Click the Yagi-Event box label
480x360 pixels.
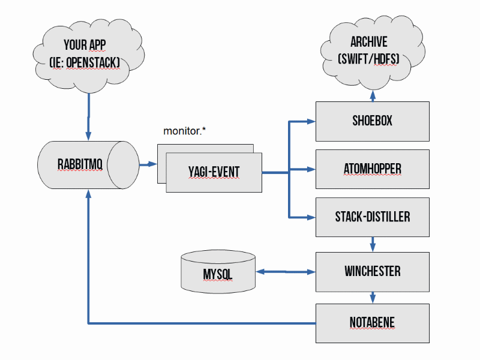[214, 173]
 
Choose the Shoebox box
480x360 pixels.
[372, 121]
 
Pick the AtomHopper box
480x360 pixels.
[372, 170]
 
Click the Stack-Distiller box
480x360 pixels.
[372, 217]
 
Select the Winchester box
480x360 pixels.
[372, 271]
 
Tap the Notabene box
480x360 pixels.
[372, 323]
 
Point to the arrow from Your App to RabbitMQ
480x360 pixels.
[88, 117]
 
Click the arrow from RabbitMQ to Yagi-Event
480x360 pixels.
[147, 164]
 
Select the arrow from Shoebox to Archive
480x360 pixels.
[373, 95]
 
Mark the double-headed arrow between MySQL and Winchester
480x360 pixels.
[286, 272]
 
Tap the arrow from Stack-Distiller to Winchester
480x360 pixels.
[373, 244]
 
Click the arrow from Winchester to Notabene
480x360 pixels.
[373, 297]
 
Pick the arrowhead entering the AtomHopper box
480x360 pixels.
[311, 170]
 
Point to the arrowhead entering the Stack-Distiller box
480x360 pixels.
[311, 217]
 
